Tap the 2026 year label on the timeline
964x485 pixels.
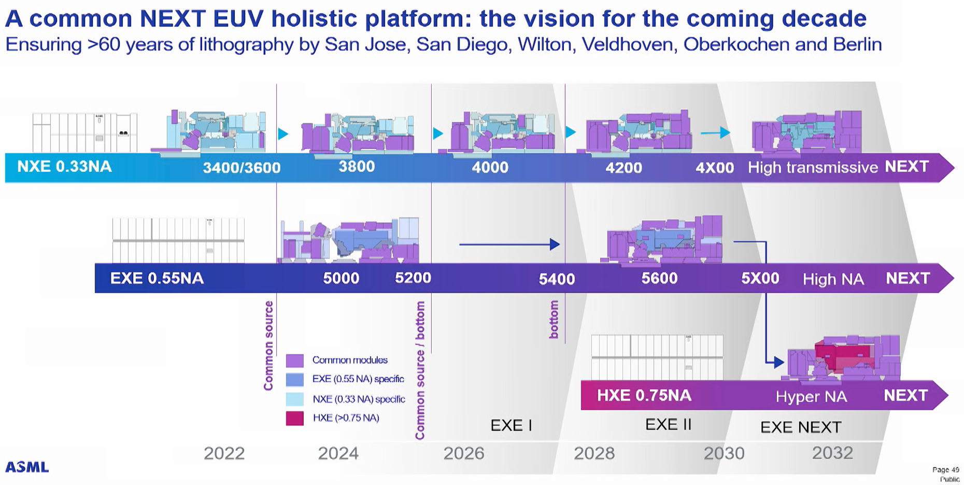coord(463,453)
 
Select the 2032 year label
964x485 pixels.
coord(832,453)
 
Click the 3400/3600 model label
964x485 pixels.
coord(242,168)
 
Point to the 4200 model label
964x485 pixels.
coord(623,168)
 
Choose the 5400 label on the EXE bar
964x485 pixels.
coord(557,279)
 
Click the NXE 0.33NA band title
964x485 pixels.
coord(64,167)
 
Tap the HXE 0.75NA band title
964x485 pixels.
coord(644,396)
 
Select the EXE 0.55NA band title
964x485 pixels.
coord(157,279)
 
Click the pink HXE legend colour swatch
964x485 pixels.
coord(294,418)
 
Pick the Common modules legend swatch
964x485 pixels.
coord(294,361)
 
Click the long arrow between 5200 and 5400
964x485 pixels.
coord(508,244)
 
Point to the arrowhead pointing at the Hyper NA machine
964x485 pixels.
coord(779,362)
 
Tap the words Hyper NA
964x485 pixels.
coord(811,397)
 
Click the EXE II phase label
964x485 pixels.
coord(668,425)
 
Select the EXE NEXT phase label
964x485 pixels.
coord(800,427)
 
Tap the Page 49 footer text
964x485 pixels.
coord(945,470)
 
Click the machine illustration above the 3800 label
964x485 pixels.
coord(358,133)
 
